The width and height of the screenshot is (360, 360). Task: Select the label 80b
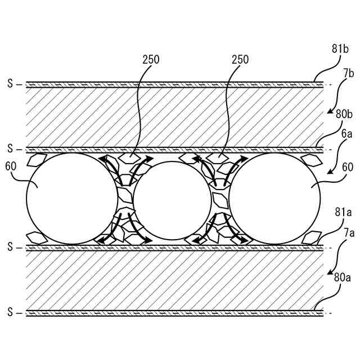(x=344, y=114)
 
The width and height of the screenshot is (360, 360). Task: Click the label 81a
(x=344, y=212)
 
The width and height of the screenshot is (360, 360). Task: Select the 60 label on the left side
(x=11, y=166)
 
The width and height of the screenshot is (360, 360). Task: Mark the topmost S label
(x=10, y=84)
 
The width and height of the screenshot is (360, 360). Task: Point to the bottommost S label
(x=10, y=312)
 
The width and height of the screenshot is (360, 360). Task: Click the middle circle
(x=172, y=200)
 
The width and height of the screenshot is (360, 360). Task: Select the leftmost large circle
(x=72, y=198)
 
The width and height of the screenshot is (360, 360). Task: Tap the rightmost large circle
(x=274, y=198)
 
